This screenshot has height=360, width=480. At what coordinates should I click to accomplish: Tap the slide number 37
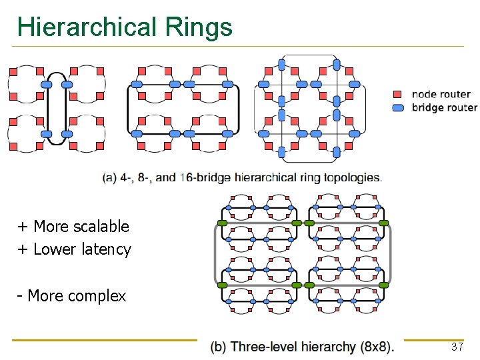(x=457, y=347)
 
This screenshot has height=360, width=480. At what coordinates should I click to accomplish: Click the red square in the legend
(x=397, y=95)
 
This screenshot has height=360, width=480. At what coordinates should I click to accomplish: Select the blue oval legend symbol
(x=397, y=108)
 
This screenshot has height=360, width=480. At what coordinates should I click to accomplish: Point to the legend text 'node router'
(x=441, y=95)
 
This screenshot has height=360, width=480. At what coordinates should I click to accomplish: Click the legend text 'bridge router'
(x=444, y=108)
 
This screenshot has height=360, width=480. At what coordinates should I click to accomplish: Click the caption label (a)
(x=111, y=178)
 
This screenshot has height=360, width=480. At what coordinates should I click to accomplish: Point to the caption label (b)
(x=219, y=347)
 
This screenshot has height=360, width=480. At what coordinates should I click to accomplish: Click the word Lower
(x=55, y=249)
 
